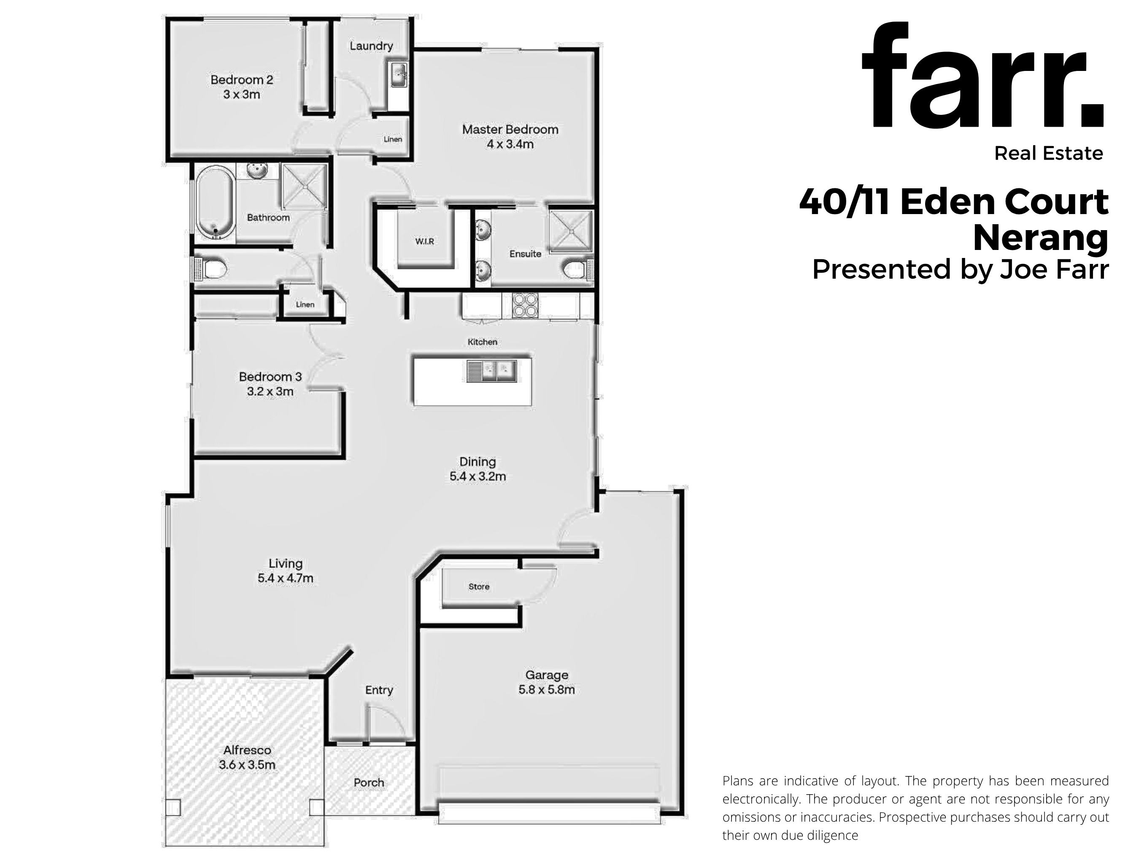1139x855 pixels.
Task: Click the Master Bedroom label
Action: tap(510, 129)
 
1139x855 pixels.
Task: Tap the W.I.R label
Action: tap(424, 241)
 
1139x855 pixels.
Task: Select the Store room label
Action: tap(479, 586)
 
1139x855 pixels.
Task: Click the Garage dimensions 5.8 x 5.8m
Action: tap(546, 689)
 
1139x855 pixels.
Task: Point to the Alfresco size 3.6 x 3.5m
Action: tap(247, 765)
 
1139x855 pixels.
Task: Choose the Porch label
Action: tap(369, 782)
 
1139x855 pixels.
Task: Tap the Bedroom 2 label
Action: tap(241, 80)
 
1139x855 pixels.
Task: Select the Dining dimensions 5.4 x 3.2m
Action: tap(478, 477)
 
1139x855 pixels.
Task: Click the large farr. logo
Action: tap(983, 76)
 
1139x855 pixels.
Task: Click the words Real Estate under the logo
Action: tap(1048, 153)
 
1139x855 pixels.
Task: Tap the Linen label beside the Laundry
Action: tap(393, 139)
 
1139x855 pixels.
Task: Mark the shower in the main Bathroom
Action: tap(304, 187)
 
